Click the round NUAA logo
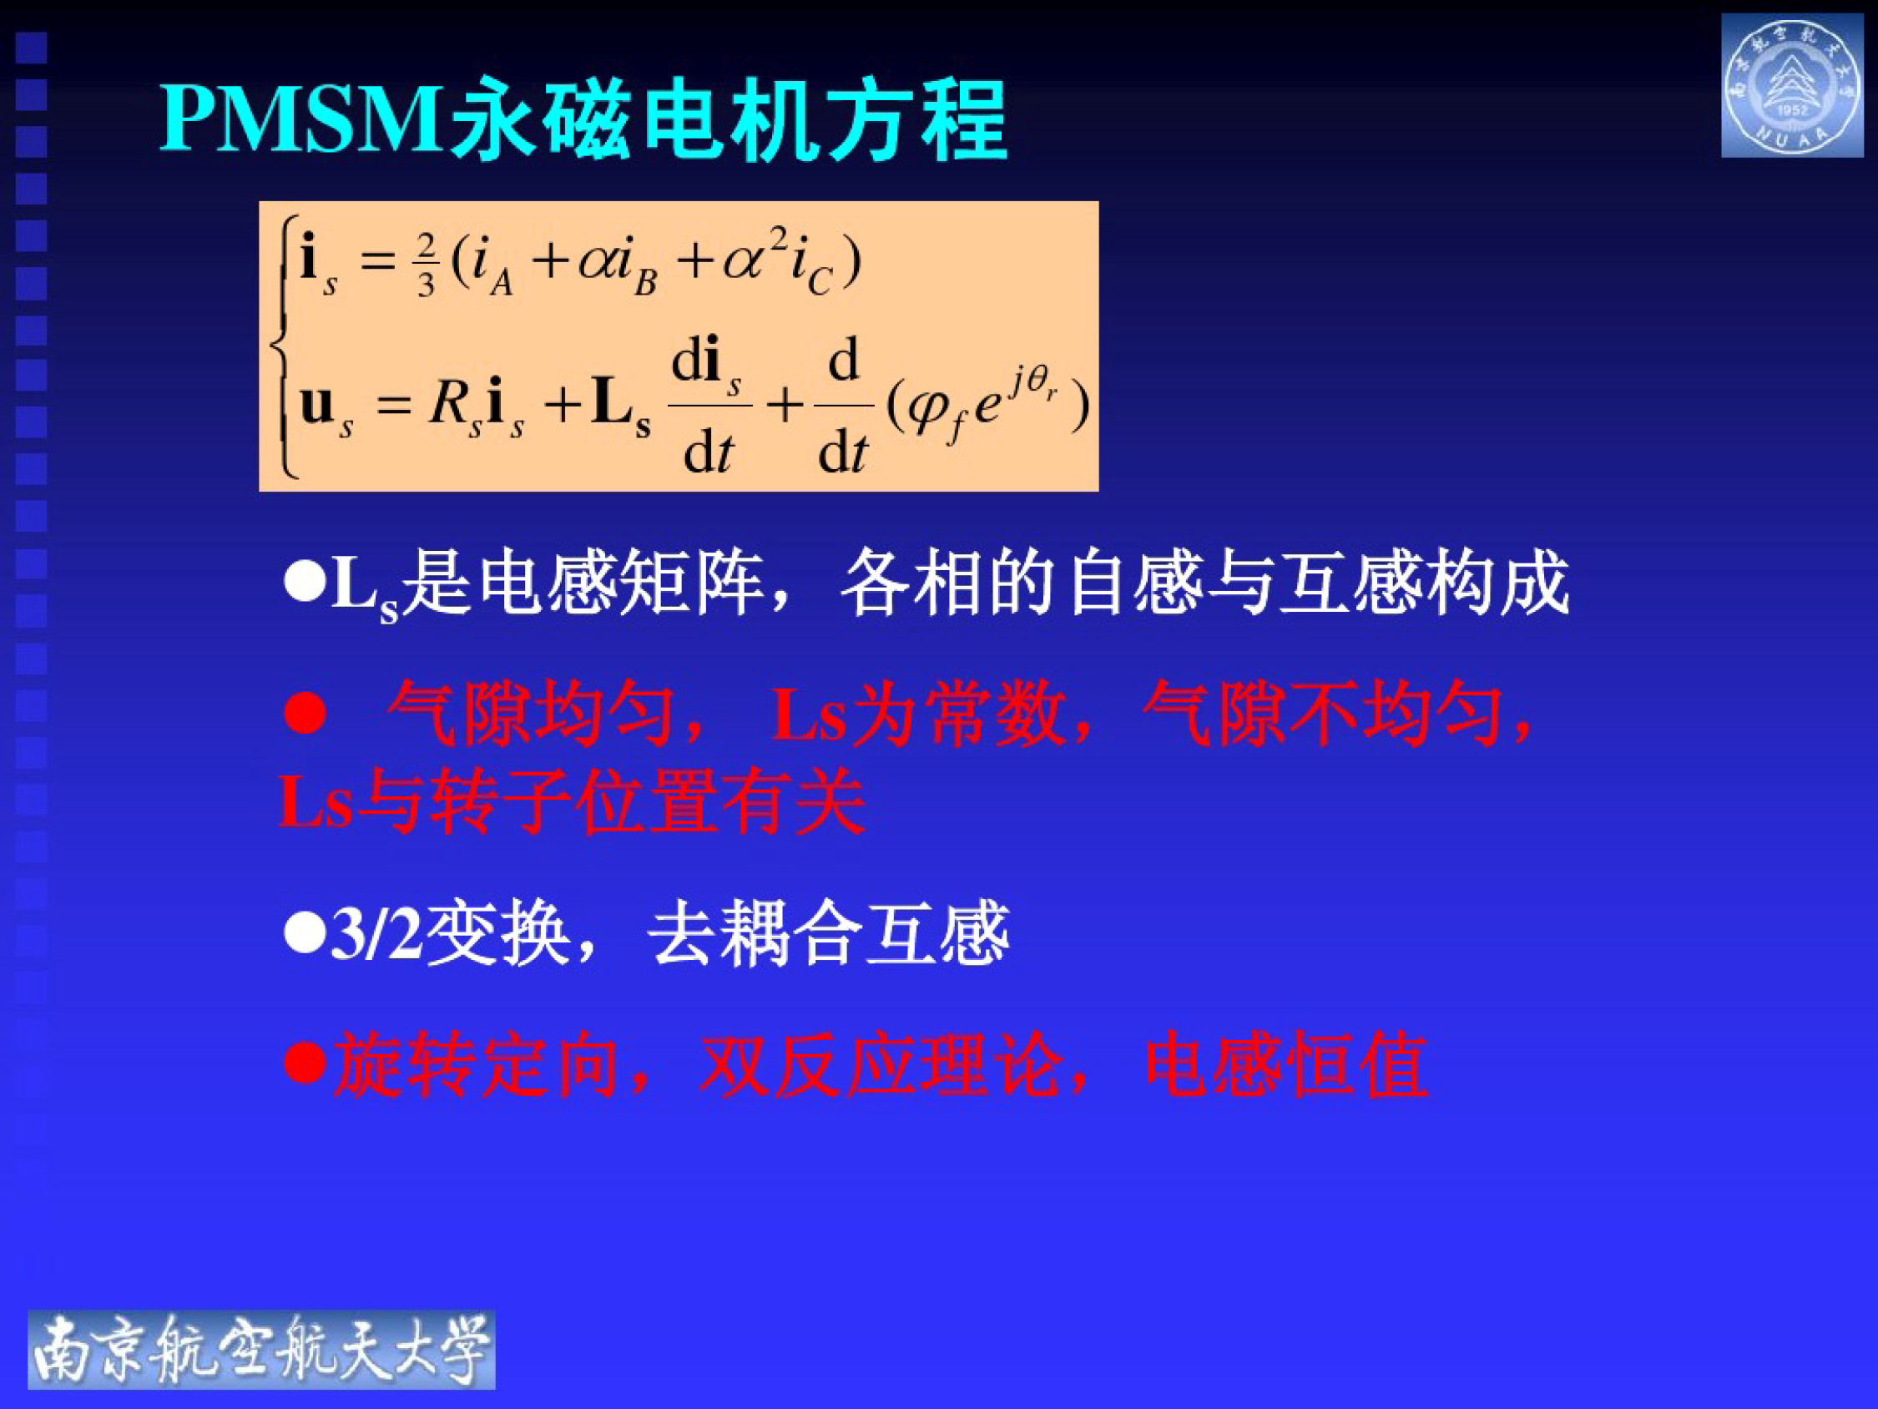(x=1790, y=85)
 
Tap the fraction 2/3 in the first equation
(x=426, y=264)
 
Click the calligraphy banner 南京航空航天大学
(x=261, y=1349)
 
